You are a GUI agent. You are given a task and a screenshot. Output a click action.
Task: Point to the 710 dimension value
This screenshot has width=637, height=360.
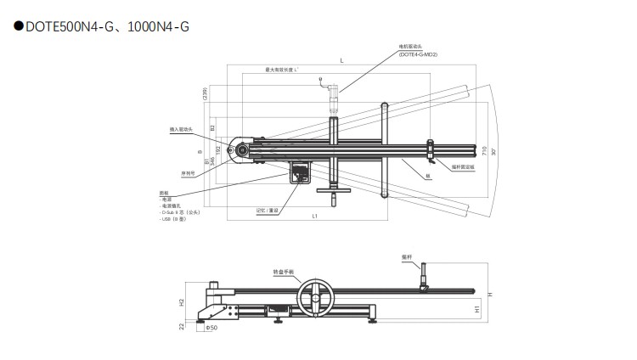(x=484, y=151)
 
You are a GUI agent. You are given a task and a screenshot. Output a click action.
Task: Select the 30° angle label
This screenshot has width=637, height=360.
(x=493, y=151)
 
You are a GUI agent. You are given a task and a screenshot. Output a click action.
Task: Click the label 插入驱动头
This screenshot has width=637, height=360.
(x=182, y=129)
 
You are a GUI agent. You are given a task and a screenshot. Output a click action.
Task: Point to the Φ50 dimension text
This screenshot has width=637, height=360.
(x=211, y=326)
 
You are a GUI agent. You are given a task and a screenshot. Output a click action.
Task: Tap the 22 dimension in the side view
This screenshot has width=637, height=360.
(x=182, y=325)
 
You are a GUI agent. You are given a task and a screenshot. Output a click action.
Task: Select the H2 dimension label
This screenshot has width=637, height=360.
(x=182, y=302)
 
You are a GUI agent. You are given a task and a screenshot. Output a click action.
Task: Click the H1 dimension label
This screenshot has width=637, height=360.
(x=477, y=309)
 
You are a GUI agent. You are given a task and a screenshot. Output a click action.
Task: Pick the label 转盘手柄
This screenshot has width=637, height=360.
(x=283, y=272)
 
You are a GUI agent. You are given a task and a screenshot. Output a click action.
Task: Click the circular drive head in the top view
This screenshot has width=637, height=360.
(x=244, y=149)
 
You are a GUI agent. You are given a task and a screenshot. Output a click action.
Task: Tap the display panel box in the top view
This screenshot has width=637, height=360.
(x=301, y=172)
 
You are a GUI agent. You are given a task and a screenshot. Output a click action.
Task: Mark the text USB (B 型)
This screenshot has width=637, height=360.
(x=172, y=219)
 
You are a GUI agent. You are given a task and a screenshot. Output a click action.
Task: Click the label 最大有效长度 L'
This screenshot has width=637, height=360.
(x=279, y=69)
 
